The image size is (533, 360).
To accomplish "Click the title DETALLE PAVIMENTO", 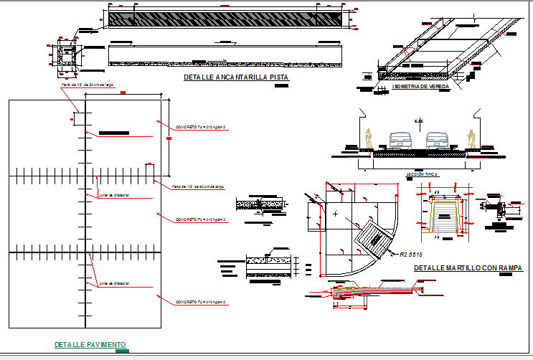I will click(90, 345).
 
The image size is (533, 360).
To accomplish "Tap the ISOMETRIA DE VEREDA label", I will click(421, 86).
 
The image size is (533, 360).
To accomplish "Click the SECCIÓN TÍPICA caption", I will click(422, 174).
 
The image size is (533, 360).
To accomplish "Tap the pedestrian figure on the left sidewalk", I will click(369, 138).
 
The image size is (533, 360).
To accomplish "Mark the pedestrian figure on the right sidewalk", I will click(471, 138).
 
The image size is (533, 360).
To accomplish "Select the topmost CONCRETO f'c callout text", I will click(201, 127).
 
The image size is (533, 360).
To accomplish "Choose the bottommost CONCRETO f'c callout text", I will click(201, 303).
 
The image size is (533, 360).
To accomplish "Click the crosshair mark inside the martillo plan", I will click(335, 214).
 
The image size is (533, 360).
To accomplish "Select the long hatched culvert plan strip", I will click(225, 18).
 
